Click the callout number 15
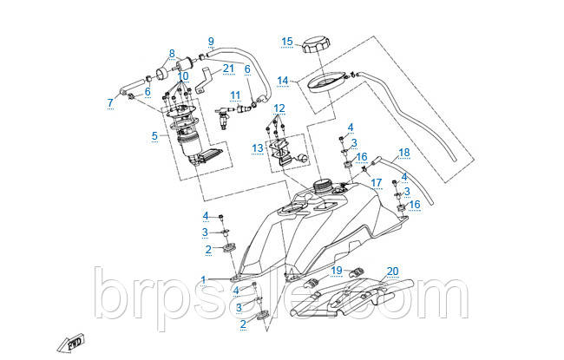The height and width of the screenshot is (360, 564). [x=287, y=41]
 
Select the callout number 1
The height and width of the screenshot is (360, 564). [x=203, y=279]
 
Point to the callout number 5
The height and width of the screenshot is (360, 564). [x=154, y=136]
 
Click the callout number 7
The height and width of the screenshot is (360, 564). [x=110, y=103]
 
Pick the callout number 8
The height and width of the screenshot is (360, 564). [x=172, y=53]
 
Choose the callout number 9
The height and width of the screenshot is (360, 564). [x=210, y=40]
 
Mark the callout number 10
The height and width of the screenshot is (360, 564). [x=182, y=76]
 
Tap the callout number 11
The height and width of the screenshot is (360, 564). [x=235, y=95]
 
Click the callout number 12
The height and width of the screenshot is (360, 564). [x=279, y=108]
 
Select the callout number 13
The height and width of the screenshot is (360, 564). [x=258, y=148]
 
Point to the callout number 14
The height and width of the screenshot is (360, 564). [x=283, y=81]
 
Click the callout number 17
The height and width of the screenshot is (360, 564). [x=377, y=183]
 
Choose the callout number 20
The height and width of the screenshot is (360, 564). [x=392, y=270]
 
